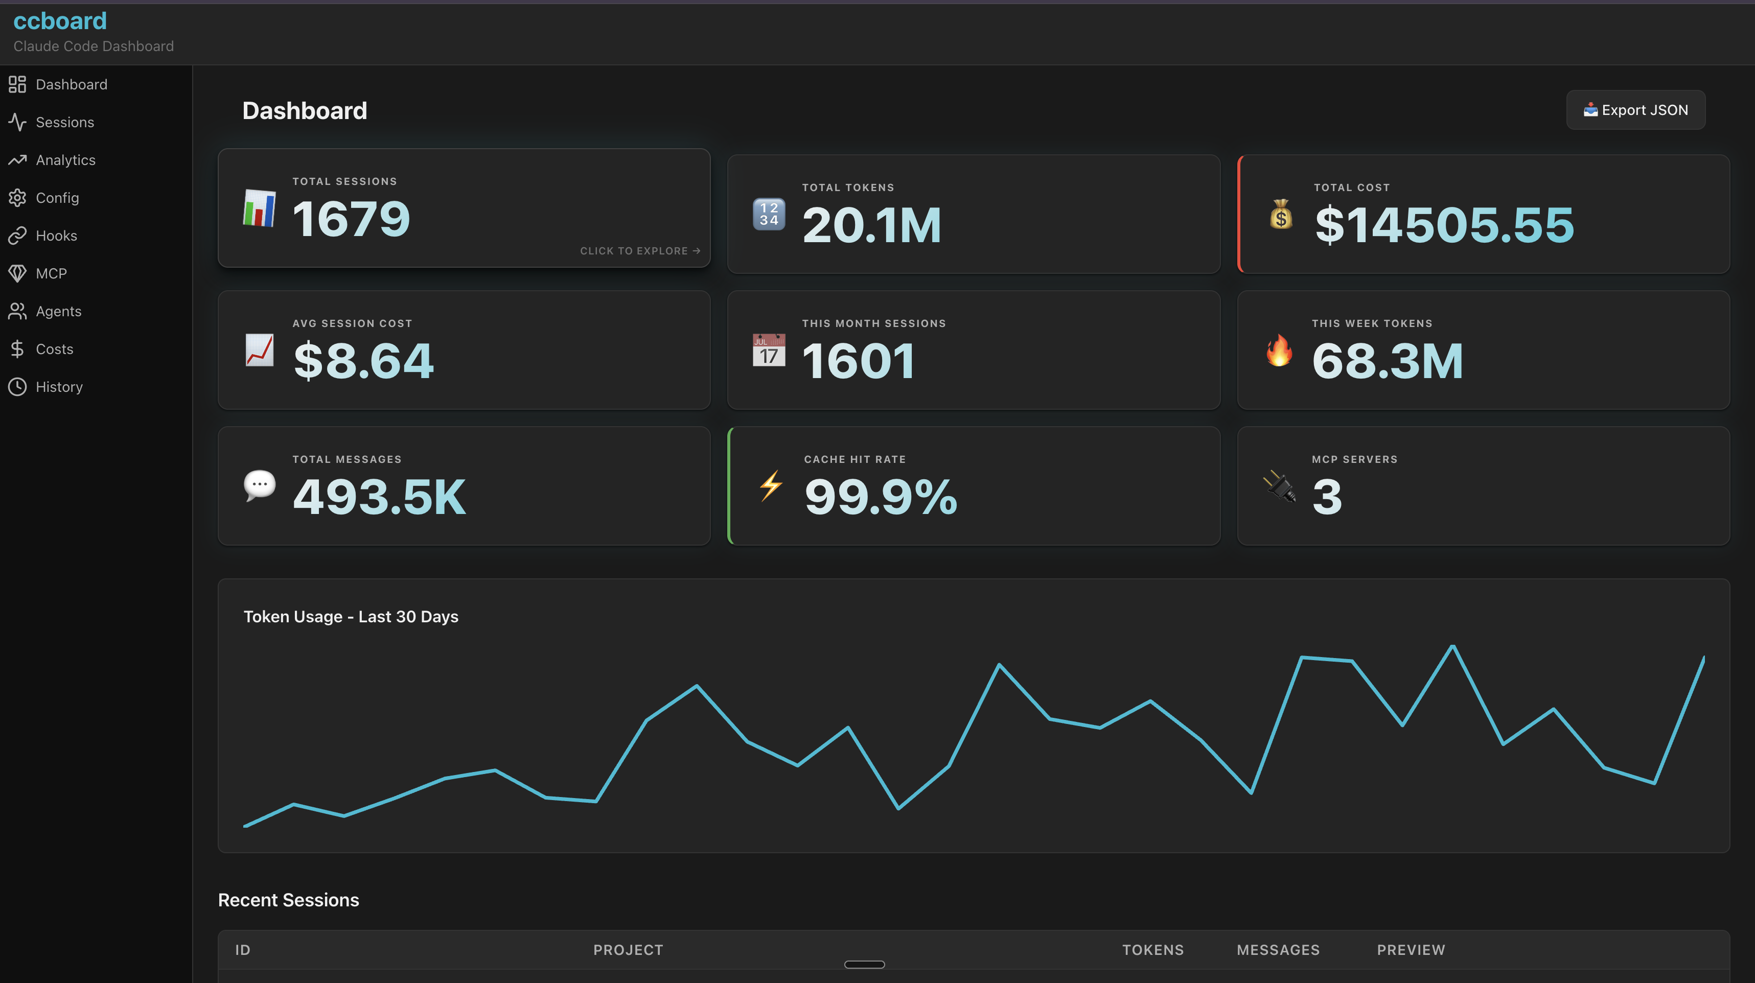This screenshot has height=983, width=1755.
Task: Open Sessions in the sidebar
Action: [x=65, y=123]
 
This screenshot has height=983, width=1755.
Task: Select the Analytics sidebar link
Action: [x=65, y=160]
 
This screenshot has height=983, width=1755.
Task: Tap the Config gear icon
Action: [x=17, y=198]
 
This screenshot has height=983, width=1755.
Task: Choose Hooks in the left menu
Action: [x=56, y=236]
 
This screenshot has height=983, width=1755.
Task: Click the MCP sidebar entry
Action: [x=51, y=274]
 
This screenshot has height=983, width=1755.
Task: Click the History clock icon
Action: [x=17, y=387]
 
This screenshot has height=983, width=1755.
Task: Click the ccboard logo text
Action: [x=60, y=21]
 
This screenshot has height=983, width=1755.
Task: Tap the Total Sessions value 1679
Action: [x=351, y=219]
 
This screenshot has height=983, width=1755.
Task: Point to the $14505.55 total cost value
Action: [x=1444, y=225]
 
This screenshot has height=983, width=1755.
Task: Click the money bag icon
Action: [x=1281, y=215]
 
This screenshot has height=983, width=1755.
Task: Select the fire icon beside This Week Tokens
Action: [x=1279, y=350]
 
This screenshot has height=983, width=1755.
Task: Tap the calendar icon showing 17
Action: [x=769, y=350]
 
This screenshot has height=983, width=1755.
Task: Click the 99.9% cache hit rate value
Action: [x=880, y=497]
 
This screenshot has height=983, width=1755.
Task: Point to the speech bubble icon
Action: [x=260, y=485]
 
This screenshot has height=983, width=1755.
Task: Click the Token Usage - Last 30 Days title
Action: [x=351, y=617]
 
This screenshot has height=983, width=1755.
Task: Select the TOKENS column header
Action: [x=1153, y=950]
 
